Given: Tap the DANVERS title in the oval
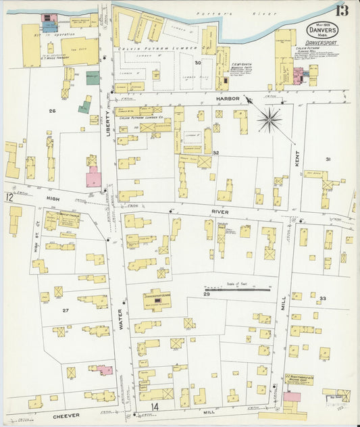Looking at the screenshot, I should click(319, 30).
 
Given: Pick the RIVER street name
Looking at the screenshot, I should click(220, 211).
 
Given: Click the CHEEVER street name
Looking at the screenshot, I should click(67, 415).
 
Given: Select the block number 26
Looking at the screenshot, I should click(51, 109).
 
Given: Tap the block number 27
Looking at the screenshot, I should click(66, 310).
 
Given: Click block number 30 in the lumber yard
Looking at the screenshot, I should click(198, 63).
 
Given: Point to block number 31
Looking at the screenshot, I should click(328, 159).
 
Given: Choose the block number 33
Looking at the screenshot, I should click(323, 298).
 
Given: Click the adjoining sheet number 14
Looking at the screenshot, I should click(155, 407).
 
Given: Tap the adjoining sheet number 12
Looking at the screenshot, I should click(9, 198).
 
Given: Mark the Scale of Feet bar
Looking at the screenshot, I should click(236, 289).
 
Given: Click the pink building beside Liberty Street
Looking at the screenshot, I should click(93, 178).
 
